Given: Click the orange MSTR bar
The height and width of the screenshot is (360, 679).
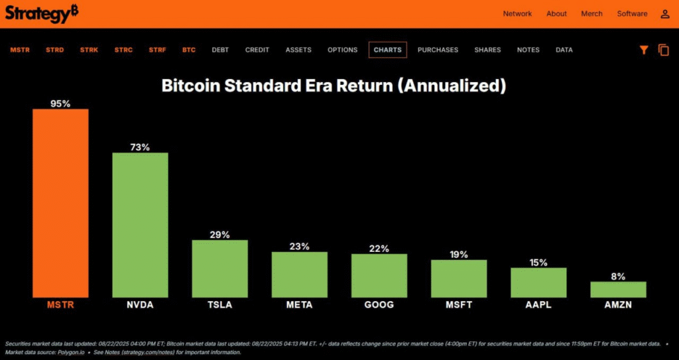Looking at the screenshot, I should tap(60, 203).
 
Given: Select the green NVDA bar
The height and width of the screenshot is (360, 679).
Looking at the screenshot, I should tap(140, 225).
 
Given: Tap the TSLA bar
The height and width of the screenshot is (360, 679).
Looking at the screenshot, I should tap(219, 269).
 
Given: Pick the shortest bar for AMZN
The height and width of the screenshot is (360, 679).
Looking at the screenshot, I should tap(618, 289).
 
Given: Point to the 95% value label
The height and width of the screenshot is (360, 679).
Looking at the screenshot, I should tap(60, 103).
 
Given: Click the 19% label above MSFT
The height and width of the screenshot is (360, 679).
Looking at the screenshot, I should tap(459, 254).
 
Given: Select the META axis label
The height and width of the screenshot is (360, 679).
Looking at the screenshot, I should tap(300, 305).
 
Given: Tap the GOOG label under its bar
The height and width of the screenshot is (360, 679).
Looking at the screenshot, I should tap(379, 305).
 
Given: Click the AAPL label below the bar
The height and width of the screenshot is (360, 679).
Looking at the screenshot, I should tap(538, 305).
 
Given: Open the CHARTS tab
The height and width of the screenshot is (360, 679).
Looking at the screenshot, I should tap(387, 50).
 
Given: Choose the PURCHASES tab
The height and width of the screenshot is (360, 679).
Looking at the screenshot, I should tap(438, 50).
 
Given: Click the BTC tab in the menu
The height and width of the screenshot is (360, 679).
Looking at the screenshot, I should tap(189, 50).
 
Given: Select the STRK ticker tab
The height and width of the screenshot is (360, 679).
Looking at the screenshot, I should tap(89, 50).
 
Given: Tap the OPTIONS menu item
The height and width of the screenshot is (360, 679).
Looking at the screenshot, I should tap(342, 50).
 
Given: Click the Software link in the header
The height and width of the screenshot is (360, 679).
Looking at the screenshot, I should tap(632, 13).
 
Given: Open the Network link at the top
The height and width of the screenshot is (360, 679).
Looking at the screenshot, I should tap(517, 13).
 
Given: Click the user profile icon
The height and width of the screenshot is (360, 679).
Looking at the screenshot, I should tap(665, 13).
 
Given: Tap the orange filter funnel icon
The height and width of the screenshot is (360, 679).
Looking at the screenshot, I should tap(643, 50).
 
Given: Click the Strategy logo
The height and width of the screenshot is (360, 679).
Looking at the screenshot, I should tap(42, 13).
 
